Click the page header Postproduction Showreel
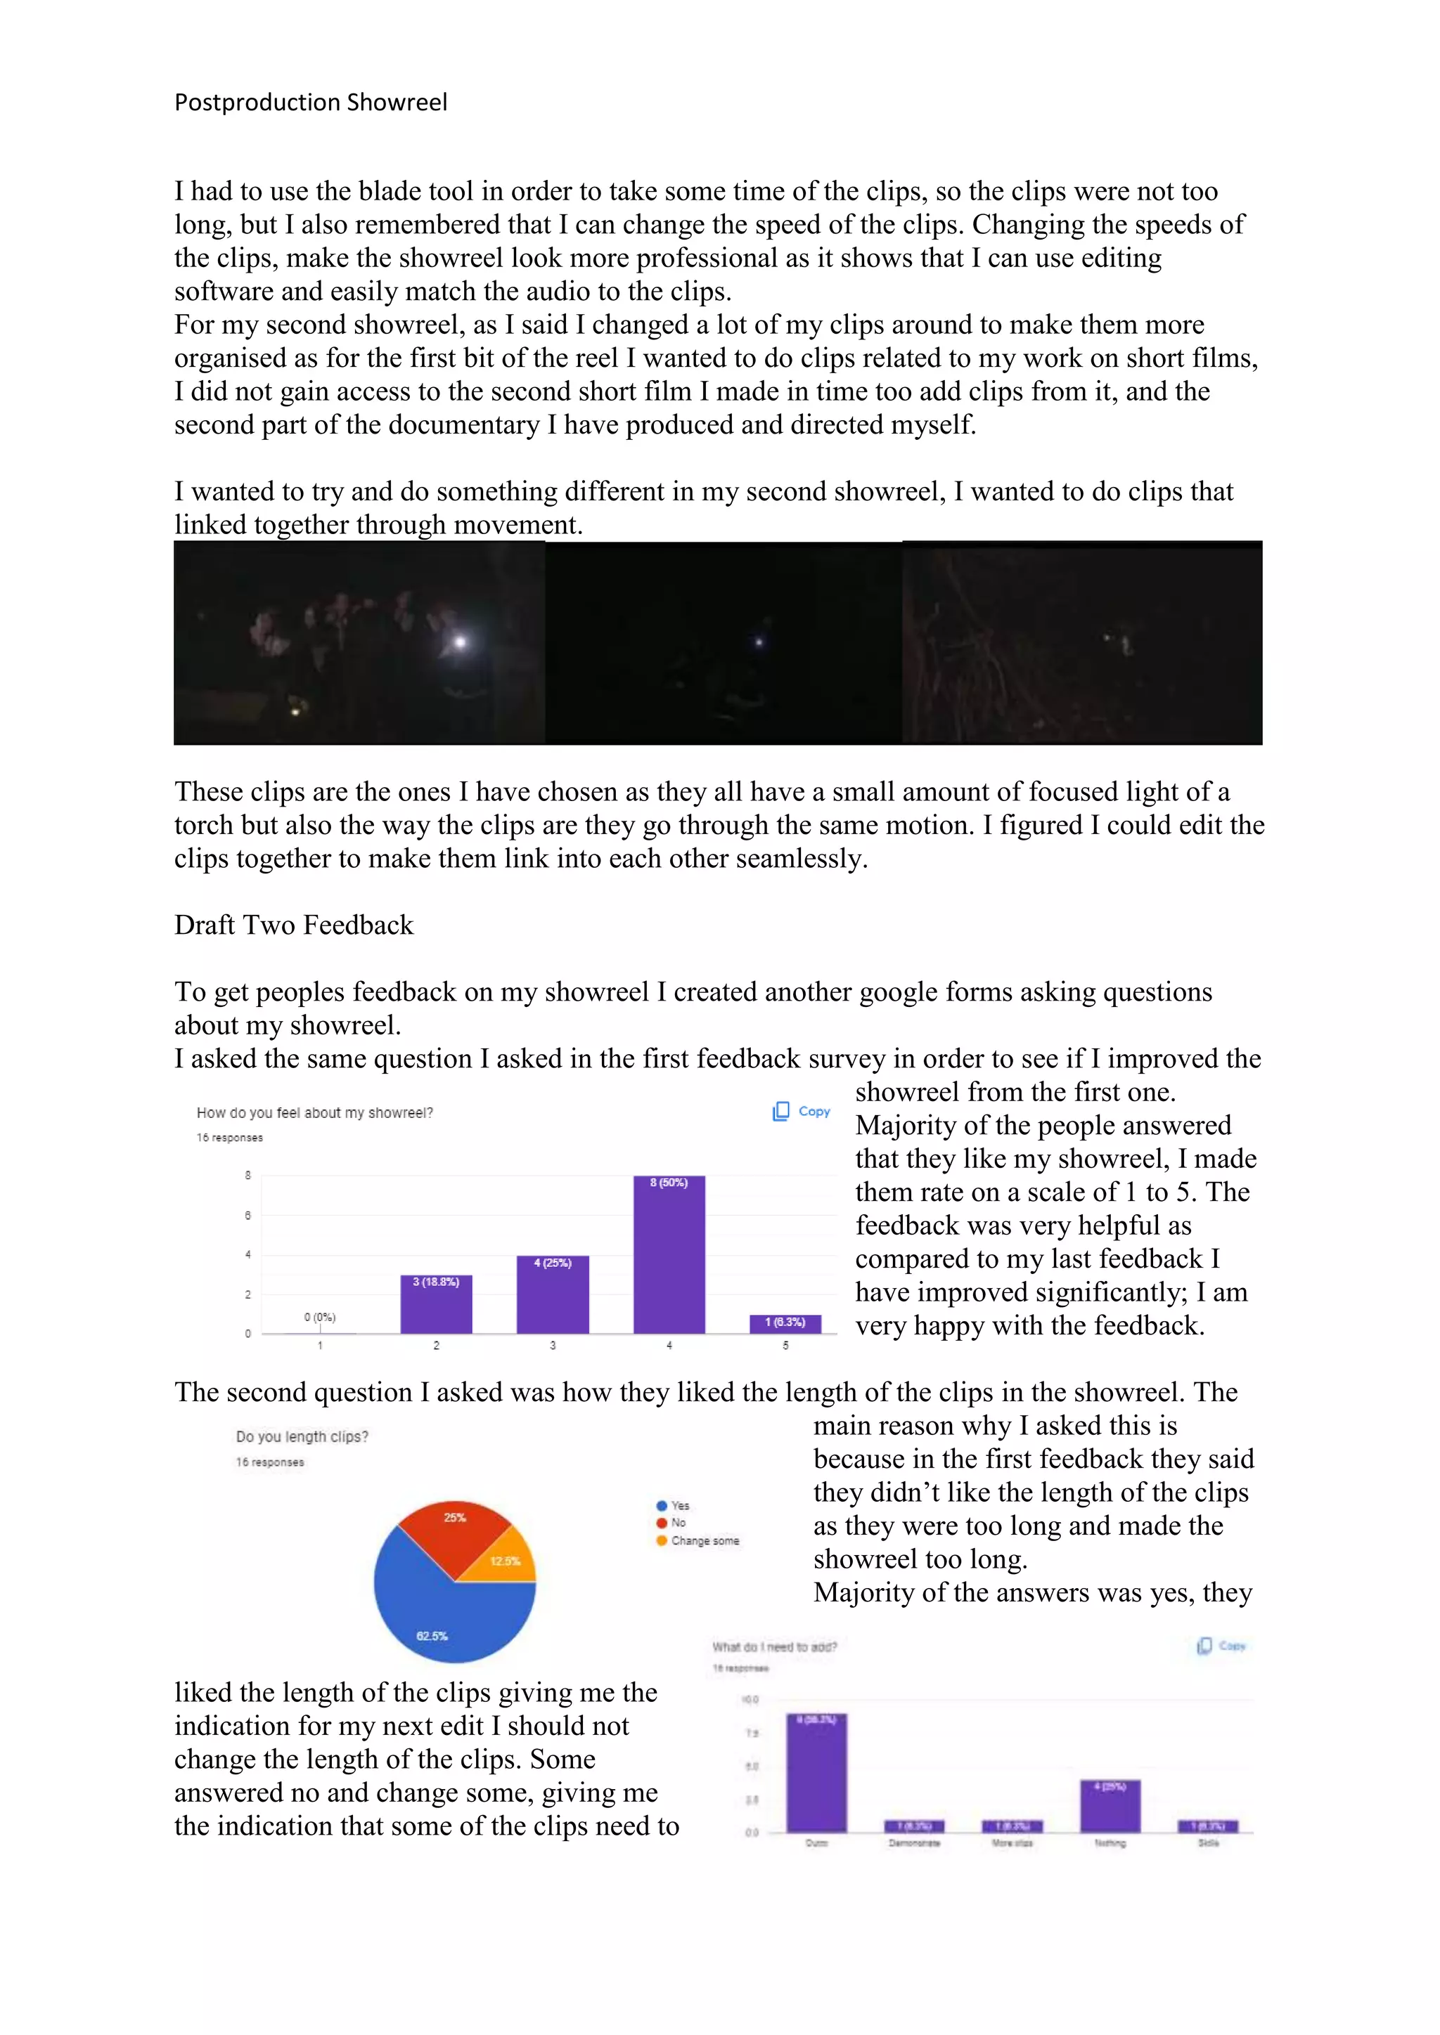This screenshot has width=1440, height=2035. click(x=310, y=103)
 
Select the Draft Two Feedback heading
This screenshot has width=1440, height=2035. click(x=293, y=925)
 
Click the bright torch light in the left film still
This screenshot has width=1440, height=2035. click(x=459, y=642)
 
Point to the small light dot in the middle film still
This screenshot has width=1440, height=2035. click(x=759, y=642)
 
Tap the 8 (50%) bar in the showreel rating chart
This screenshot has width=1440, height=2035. click(x=669, y=1254)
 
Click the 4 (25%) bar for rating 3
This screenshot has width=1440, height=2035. click(x=553, y=1294)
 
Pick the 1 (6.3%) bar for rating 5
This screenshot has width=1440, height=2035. click(x=785, y=1323)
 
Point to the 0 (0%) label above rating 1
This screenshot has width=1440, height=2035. click(x=320, y=1317)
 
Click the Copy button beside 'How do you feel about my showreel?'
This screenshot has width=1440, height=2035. click(x=802, y=1112)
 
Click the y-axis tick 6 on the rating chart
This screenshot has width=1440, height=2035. click(x=247, y=1215)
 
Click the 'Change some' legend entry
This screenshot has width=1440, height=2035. click(x=704, y=1541)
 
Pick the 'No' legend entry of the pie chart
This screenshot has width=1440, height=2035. click(x=677, y=1523)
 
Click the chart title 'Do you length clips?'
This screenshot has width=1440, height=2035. click(x=302, y=1437)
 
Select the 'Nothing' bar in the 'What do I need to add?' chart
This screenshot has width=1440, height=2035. click(x=1110, y=1807)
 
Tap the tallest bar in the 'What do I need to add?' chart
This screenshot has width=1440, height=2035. click(x=816, y=1773)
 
